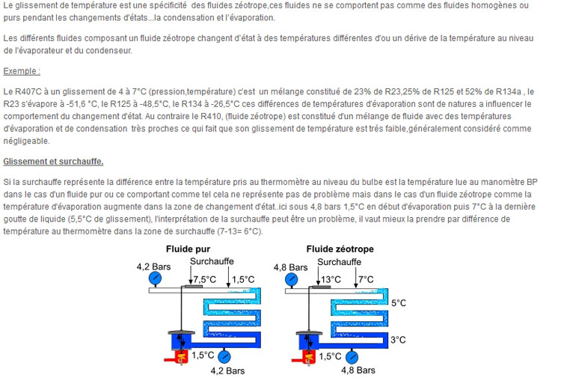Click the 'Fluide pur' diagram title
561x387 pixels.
[x=188, y=249]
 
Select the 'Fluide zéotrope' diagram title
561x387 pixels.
[x=340, y=249]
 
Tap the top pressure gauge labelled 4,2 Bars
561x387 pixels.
[x=155, y=278]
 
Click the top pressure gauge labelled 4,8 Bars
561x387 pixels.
[x=291, y=280]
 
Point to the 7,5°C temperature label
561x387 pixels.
[x=205, y=280]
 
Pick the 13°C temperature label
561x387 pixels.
[x=331, y=280]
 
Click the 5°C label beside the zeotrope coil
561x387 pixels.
[x=398, y=303]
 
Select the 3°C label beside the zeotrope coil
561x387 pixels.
[x=398, y=340]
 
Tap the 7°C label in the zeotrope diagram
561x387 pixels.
[x=366, y=280]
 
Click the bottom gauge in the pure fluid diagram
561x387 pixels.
[x=224, y=356]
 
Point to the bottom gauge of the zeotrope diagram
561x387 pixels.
[x=352, y=357]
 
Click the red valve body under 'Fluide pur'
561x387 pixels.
[x=181, y=356]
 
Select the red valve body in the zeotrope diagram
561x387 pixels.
[x=309, y=357]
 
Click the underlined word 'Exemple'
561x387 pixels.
[x=22, y=71]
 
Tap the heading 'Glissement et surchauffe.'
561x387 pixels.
[x=53, y=162]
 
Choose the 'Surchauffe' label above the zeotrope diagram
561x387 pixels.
[x=339, y=262]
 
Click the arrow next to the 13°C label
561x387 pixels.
[x=318, y=277]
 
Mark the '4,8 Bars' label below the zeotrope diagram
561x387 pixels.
[x=358, y=371]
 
